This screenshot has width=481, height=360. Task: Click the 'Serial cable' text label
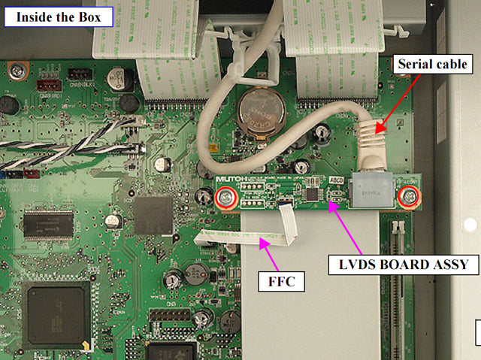click(x=431, y=65)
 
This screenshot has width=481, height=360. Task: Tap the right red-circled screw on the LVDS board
click(x=408, y=198)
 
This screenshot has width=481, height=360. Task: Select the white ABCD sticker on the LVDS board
click(x=334, y=180)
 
